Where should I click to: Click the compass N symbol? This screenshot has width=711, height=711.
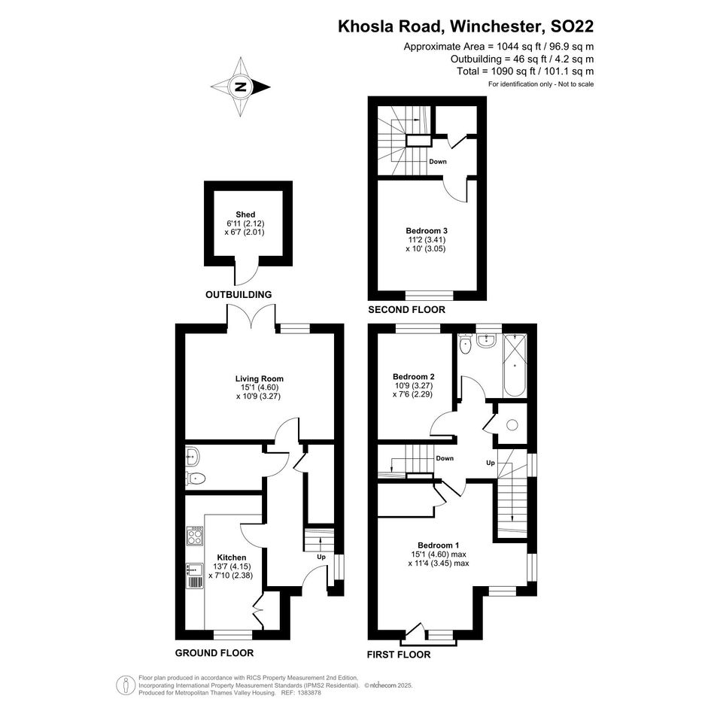click(x=241, y=87)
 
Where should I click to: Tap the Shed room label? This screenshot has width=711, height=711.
click(x=245, y=214)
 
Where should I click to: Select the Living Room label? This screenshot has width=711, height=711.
click(x=260, y=378)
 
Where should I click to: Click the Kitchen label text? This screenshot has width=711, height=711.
click(x=232, y=558)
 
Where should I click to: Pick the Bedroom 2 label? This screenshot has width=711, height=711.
click(x=414, y=376)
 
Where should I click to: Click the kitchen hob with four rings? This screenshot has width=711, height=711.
click(x=195, y=536)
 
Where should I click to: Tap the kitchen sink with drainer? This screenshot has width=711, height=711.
click(x=195, y=576)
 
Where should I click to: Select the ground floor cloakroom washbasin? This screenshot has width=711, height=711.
click(x=193, y=456)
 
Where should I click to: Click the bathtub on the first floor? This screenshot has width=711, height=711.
click(x=515, y=366)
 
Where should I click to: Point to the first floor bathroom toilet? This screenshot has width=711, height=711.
click(x=465, y=344)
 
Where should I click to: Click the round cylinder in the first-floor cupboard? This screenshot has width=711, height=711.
click(x=512, y=425)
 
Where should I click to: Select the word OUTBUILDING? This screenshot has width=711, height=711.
click(x=239, y=295)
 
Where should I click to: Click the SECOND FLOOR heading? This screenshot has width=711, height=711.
click(x=407, y=310)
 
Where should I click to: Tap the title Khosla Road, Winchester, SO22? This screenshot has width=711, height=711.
click(x=466, y=26)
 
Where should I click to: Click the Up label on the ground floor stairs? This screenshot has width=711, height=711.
click(x=321, y=557)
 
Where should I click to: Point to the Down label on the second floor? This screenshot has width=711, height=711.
click(x=438, y=162)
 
